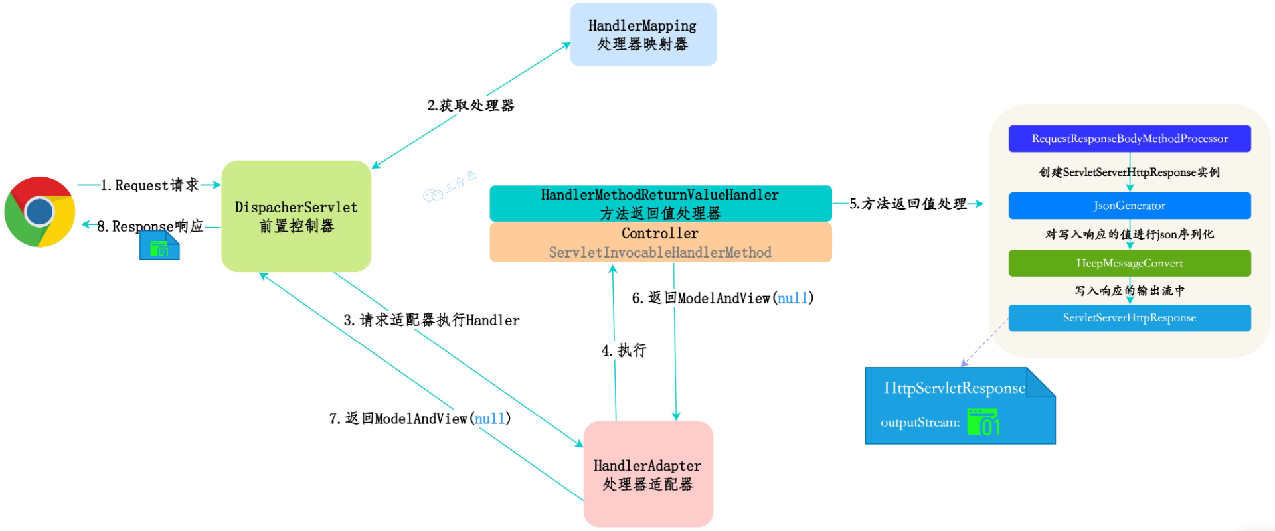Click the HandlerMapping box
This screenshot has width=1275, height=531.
pos(643,35)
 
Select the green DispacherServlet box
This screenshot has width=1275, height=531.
pos(296,216)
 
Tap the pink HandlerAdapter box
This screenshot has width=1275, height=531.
pos(648,474)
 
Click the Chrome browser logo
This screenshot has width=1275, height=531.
pos(40,212)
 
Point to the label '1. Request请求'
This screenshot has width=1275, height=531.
pos(150,185)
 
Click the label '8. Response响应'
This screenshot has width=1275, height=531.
pos(150,226)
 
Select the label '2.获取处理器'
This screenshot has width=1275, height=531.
pos(470,106)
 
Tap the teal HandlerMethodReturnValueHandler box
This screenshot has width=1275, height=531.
pos(660,203)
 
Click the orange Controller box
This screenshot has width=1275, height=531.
pos(660,242)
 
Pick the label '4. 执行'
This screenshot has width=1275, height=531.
pos(624,350)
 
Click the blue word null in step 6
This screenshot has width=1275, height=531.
pos(793,298)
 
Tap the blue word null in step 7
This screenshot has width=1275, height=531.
pos(489,419)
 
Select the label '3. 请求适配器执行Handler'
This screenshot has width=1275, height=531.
pos(432,320)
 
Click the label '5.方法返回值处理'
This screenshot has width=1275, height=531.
pos(908,204)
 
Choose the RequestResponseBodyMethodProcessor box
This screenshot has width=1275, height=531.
pos(1129,139)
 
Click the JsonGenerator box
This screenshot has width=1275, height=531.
pos(1129,206)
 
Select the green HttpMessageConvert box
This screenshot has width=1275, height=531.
pos(1129,263)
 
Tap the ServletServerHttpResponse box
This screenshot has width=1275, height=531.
pos(1129,318)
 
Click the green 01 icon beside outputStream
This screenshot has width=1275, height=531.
pos(983,423)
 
